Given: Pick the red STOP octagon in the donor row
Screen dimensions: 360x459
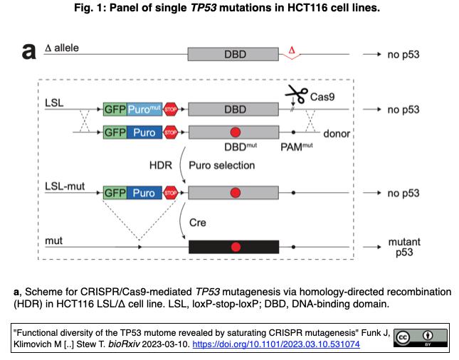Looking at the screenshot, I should click(171, 132).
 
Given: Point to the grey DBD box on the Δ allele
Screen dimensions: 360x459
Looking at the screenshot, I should click(233, 53).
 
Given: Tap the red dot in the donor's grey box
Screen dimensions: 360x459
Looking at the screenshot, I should click(236, 132).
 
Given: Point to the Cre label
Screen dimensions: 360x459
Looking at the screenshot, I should click(198, 222).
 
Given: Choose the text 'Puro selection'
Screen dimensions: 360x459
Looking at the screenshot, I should click(222, 164).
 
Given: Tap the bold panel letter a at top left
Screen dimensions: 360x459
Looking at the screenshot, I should click(29, 52).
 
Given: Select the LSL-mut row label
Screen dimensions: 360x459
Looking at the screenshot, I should click(60, 186).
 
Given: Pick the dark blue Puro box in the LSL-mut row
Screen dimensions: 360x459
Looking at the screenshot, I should click(144, 192).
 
